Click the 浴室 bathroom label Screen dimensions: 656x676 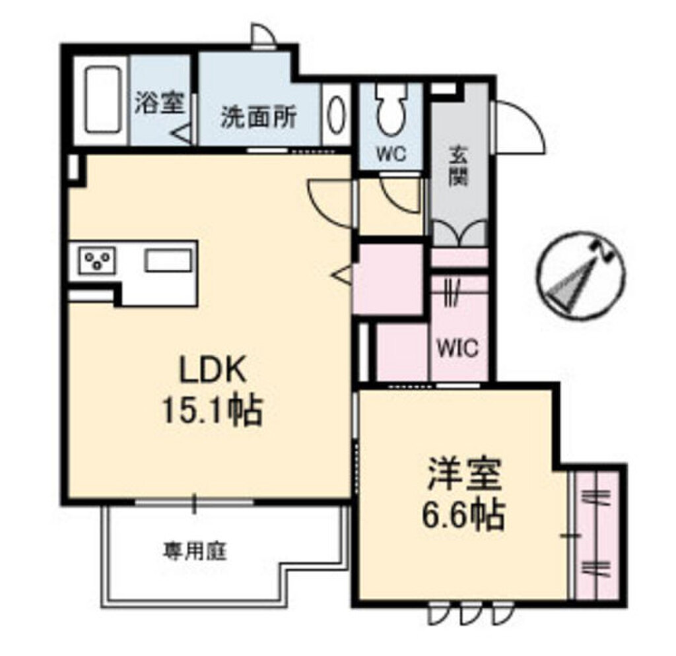[x=160, y=104]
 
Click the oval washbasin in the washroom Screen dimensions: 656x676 [x=336, y=115]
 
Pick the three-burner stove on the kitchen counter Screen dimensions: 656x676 [x=98, y=260]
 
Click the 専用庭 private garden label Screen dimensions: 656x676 [x=195, y=550]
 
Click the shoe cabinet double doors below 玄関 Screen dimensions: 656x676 [x=459, y=234]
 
